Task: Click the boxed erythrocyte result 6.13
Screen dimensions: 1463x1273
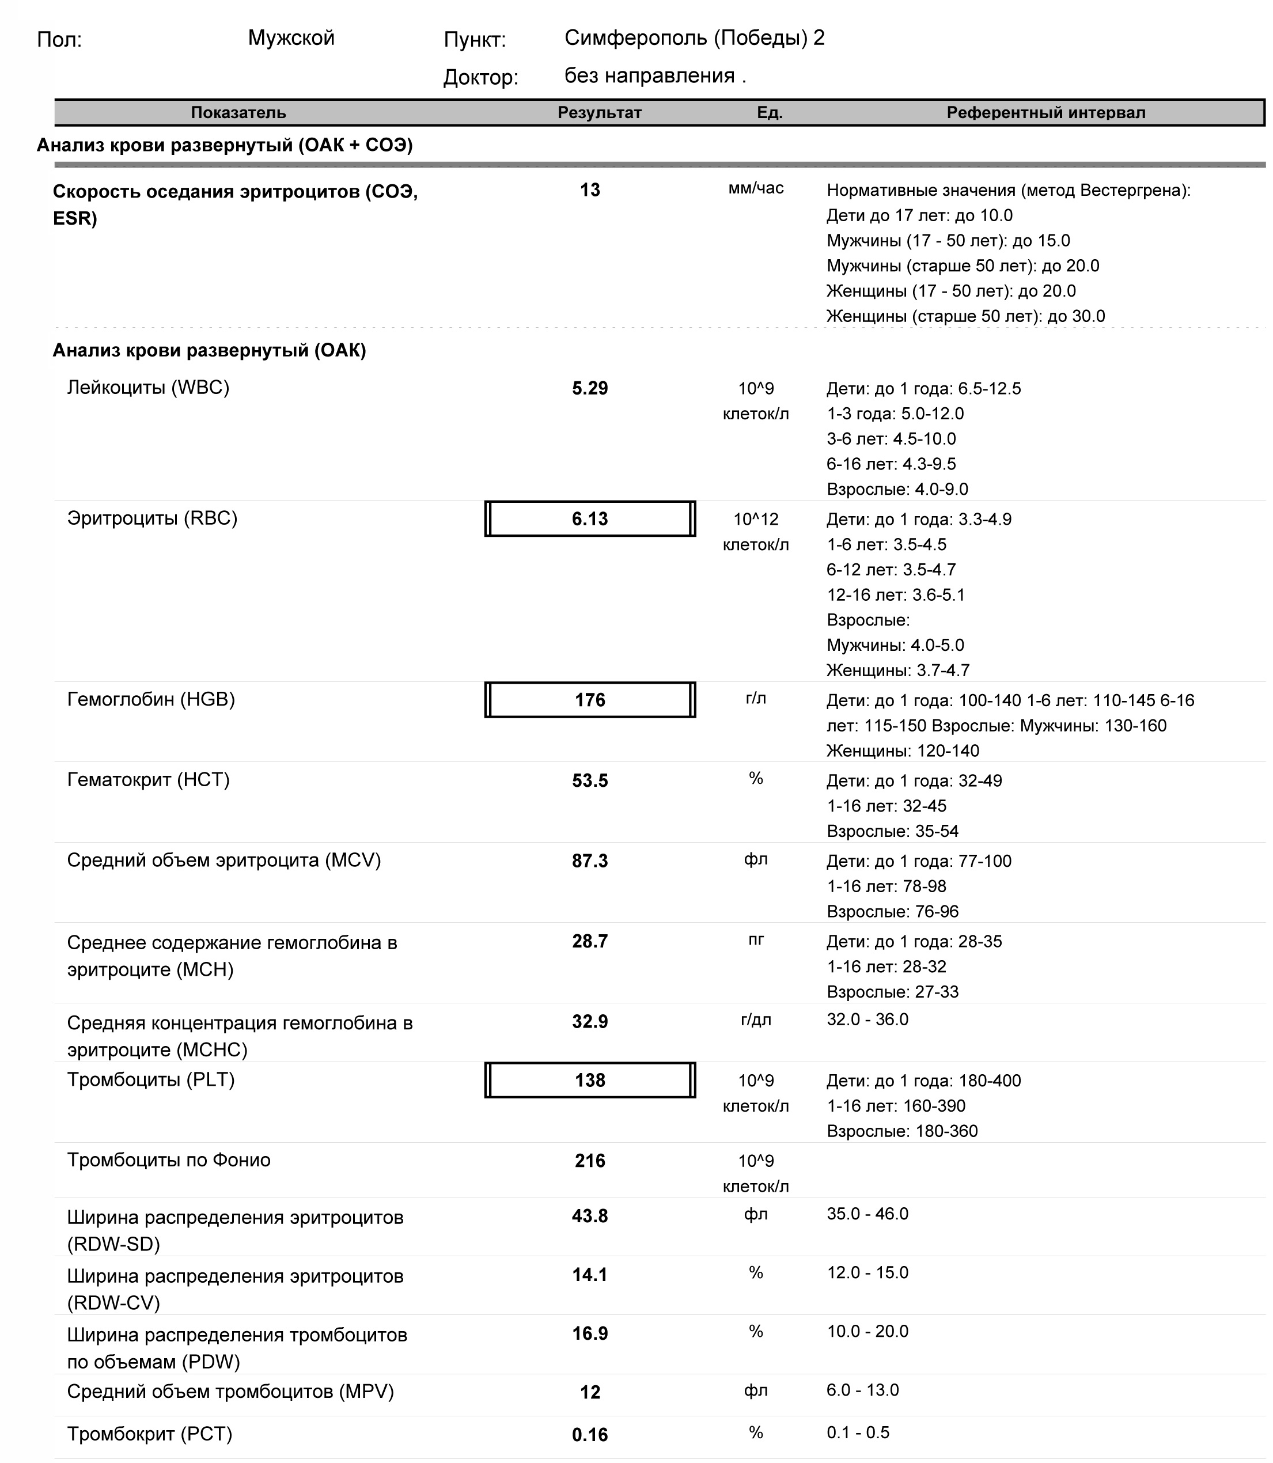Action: click(590, 519)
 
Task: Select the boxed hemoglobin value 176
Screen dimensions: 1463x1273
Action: click(590, 700)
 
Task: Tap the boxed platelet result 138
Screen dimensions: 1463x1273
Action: click(590, 1080)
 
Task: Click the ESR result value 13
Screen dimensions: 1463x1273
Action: click(590, 190)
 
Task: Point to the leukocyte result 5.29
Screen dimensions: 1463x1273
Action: click(590, 388)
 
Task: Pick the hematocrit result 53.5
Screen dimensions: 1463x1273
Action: click(590, 781)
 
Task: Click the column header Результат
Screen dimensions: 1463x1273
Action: click(599, 113)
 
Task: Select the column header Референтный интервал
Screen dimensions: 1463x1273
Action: click(1045, 113)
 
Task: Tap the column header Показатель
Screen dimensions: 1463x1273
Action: click(238, 113)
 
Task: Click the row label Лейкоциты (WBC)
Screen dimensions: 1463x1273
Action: click(148, 388)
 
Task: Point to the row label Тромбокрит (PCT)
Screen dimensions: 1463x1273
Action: click(149, 1434)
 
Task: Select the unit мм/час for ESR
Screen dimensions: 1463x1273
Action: click(756, 189)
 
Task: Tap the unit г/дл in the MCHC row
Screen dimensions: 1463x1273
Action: click(756, 1020)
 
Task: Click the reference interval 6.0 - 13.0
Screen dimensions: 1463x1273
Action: click(862, 1390)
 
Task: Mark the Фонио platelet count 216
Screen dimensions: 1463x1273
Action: click(590, 1161)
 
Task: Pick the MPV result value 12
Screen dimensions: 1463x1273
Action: click(590, 1393)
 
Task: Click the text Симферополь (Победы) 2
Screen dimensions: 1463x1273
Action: click(694, 39)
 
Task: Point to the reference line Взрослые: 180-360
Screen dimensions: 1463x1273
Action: click(901, 1131)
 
